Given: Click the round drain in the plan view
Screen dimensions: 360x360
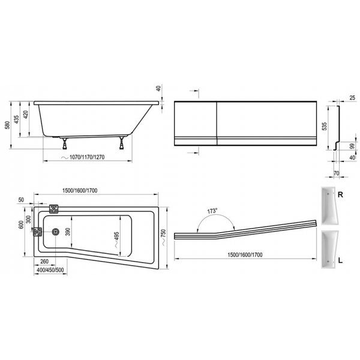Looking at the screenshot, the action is [x=56, y=232].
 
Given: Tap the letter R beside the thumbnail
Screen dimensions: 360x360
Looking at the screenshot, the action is [x=340, y=195].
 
